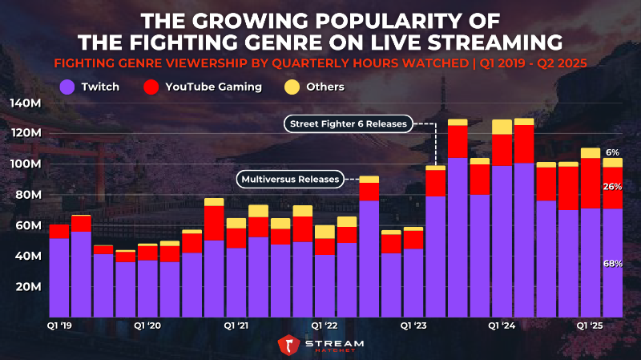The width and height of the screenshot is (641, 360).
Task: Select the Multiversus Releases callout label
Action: click(x=289, y=178)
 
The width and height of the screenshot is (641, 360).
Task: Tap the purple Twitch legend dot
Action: click(x=68, y=87)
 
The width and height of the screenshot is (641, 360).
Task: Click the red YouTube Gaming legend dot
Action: click(x=150, y=87)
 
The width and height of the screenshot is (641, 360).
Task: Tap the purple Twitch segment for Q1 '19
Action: click(x=58, y=277)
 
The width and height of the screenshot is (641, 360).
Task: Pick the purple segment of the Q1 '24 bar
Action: click(x=502, y=241)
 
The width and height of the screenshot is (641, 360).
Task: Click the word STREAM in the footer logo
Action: click(x=334, y=342)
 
